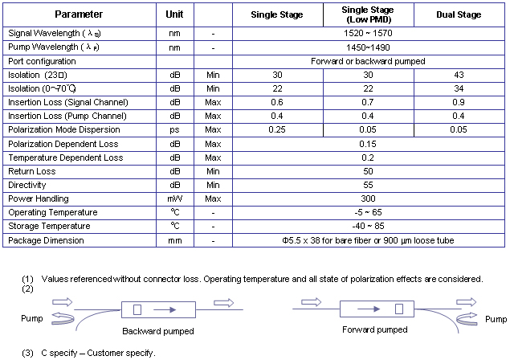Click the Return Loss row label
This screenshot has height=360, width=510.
tap(33, 171)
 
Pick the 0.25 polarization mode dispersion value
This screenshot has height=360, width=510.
tap(277, 129)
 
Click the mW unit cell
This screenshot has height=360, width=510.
tap(174, 198)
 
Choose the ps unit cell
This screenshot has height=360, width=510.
tap(174, 129)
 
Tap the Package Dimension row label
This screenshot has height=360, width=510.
tap(46, 240)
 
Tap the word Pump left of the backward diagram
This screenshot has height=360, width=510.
tap(31, 318)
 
